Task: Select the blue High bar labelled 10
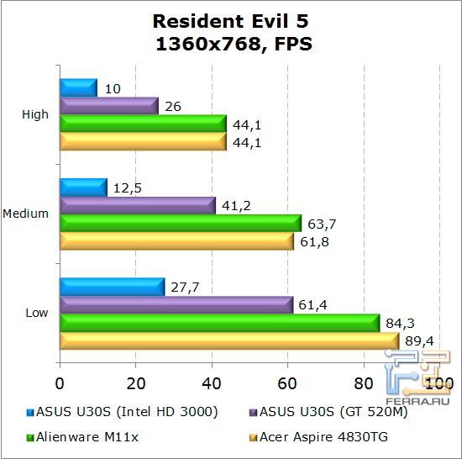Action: [x=78, y=87]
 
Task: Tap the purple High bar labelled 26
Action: [x=108, y=106]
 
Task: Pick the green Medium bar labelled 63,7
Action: [x=180, y=223]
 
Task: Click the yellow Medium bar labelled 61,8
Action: [x=176, y=241]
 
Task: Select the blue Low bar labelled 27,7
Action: [x=112, y=286]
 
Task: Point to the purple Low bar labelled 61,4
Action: [x=176, y=304]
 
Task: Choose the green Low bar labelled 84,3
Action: [x=219, y=322]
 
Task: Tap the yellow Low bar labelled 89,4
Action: [x=228, y=340]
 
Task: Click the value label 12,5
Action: [x=126, y=186]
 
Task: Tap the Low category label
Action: [x=37, y=313]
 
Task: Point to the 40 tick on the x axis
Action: [x=212, y=382]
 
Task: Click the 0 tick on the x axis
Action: [x=60, y=382]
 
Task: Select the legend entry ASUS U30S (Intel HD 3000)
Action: [x=123, y=412]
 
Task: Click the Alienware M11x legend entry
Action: [x=81, y=436]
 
